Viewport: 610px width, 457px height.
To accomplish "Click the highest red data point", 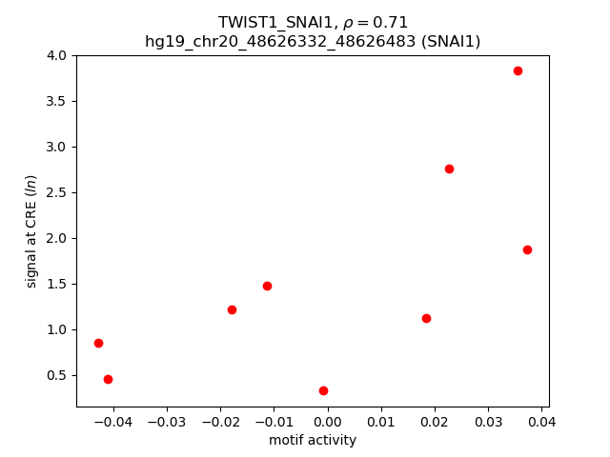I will (518, 70).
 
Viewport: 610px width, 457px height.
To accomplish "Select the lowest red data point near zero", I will (323, 390).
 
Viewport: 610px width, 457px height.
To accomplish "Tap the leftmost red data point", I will (98, 343).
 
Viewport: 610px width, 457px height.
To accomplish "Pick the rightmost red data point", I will (527, 249).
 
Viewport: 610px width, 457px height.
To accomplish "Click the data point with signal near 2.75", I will (449, 169).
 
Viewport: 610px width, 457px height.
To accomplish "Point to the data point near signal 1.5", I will (267, 286).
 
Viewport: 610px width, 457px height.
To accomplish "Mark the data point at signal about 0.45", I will (108, 379).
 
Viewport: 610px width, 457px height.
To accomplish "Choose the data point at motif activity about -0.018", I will (232, 309).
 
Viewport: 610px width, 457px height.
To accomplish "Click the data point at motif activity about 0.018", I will (426, 318).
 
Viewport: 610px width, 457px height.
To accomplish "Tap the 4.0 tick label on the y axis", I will (57, 55).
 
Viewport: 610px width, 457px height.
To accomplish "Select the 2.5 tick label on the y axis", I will (57, 192).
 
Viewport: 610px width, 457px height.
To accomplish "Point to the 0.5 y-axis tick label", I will (57, 375).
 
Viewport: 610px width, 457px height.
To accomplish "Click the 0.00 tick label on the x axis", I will (328, 420).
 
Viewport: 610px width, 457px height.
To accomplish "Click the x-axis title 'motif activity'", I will (313, 440).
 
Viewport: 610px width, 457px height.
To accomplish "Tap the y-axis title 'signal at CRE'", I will (30, 231).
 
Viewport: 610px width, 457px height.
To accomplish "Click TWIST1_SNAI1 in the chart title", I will (269, 23).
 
